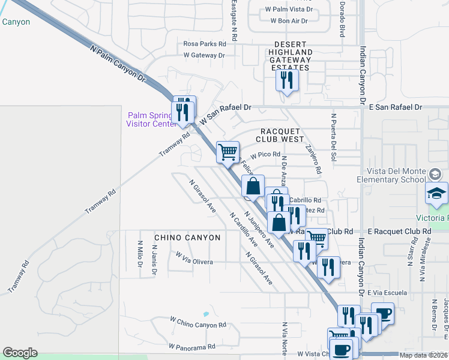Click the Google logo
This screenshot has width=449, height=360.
pyautogui.click(x=20, y=353)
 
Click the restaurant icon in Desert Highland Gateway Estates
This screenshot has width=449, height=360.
pyautogui.click(x=286, y=79)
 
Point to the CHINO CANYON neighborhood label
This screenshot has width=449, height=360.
pyautogui.click(x=187, y=238)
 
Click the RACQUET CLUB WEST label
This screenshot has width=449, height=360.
pyautogui.click(x=282, y=134)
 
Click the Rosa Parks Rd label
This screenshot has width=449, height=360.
pyautogui.click(x=205, y=44)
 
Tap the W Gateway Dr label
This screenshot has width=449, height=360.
pyautogui.click(x=204, y=55)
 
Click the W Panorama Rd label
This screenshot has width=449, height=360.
pyautogui.click(x=192, y=347)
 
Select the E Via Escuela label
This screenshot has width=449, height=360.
pyautogui.click(x=390, y=293)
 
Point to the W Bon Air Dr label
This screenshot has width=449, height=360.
pyautogui.click(x=289, y=20)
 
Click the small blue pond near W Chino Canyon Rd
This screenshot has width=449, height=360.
pyautogui.click(x=206, y=314)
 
